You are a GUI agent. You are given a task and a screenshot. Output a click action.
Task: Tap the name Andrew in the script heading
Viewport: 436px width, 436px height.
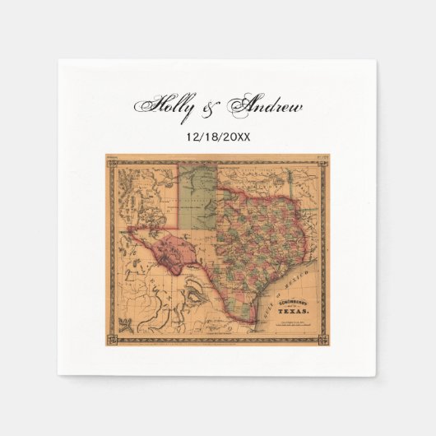pos(266,106)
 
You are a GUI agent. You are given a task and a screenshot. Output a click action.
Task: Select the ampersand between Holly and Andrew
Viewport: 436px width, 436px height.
pos(212,107)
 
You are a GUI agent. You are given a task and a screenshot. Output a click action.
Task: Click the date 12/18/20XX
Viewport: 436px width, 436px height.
pos(218,134)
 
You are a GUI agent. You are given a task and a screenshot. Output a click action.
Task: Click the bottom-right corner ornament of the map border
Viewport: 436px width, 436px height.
pos(322,336)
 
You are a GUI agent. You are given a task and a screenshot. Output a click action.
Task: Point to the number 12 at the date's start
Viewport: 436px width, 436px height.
pos(192,134)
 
